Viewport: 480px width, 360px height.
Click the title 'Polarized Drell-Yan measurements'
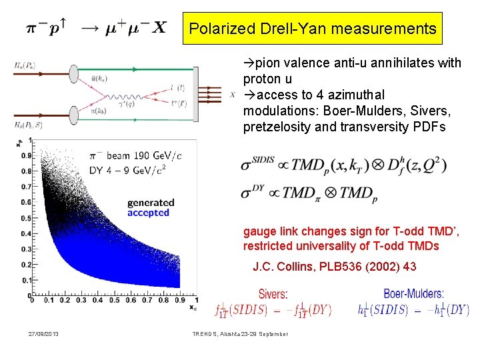click(312, 29)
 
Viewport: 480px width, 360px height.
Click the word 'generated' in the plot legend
click(151, 203)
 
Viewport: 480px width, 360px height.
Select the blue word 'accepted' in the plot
click(148, 213)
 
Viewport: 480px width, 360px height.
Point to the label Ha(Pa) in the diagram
click(25, 65)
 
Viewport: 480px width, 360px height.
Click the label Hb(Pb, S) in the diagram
click(28, 124)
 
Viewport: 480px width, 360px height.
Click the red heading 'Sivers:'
click(273, 293)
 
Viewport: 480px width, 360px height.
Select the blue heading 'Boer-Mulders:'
click(413, 293)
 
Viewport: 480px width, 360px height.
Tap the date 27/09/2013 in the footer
click(43, 333)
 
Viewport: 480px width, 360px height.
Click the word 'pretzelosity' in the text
click(273, 127)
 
